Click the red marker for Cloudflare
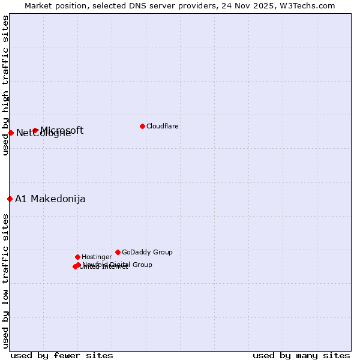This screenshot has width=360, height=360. click(142, 126)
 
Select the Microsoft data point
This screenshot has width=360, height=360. click(35, 130)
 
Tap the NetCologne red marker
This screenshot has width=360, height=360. click(11, 133)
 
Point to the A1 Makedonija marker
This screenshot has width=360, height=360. click(10, 199)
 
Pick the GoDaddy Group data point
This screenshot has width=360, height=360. click(118, 252)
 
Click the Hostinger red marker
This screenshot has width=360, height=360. click(77, 257)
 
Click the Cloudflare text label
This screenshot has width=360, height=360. click(163, 126)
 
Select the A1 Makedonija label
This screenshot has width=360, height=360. click(50, 199)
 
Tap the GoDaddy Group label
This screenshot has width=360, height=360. click(147, 252)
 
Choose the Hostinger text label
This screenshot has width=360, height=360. click(97, 257)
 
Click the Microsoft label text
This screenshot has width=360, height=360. click(62, 130)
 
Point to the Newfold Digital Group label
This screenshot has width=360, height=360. click(118, 265)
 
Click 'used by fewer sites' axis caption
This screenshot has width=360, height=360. click(62, 355)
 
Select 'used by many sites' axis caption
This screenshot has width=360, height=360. click(301, 355)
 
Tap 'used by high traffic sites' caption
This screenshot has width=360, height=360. click(5, 85)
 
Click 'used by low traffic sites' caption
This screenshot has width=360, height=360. click(5, 280)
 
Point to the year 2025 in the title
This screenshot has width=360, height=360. click(267, 5)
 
